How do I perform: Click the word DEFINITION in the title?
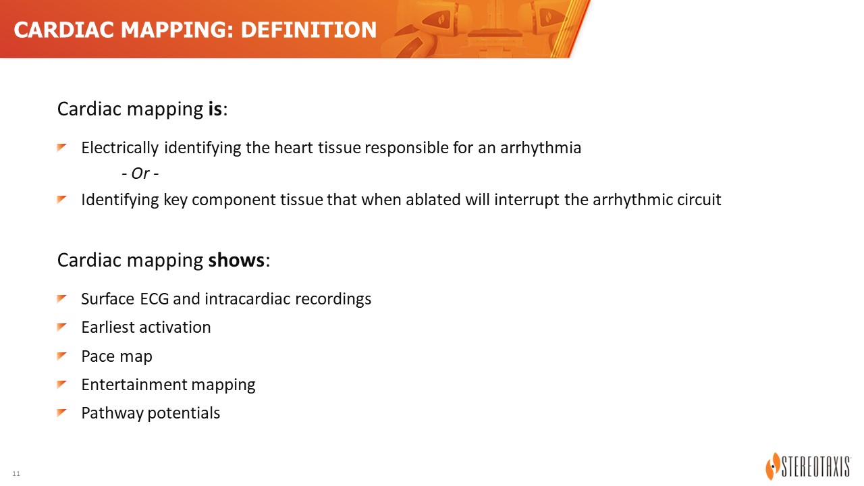pyautogui.click(x=308, y=30)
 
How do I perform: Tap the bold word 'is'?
pyautogui.click(x=215, y=109)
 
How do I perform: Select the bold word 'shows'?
pyautogui.click(x=236, y=260)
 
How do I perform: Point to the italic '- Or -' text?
pyautogui.click(x=140, y=173)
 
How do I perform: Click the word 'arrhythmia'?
pyautogui.click(x=541, y=148)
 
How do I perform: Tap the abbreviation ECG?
pyautogui.click(x=155, y=299)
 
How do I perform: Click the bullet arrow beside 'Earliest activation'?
pyautogui.click(x=61, y=327)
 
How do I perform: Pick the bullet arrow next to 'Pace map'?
pyautogui.click(x=61, y=356)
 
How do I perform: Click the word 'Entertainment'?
pyautogui.click(x=134, y=385)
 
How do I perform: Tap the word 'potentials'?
pyautogui.click(x=184, y=414)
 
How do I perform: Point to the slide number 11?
pyautogui.click(x=16, y=474)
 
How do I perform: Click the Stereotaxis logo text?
pyautogui.click(x=816, y=466)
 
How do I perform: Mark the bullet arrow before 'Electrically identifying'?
pyautogui.click(x=61, y=147)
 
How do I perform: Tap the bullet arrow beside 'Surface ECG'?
pyautogui.click(x=61, y=298)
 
